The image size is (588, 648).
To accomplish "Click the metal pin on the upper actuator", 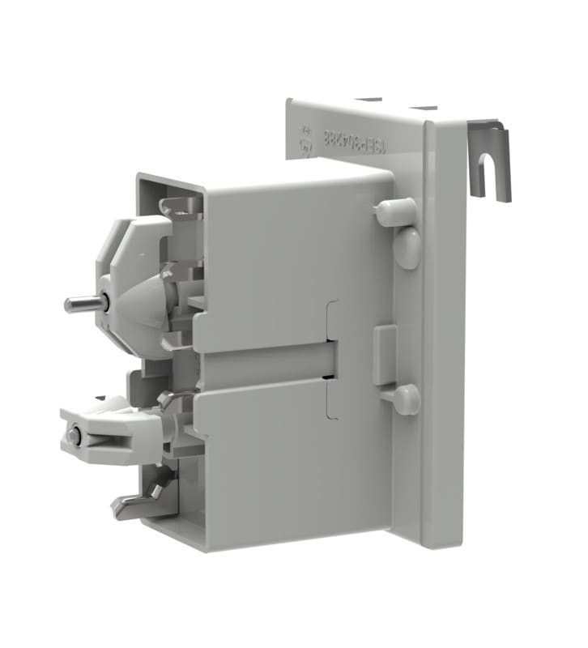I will click(82, 304).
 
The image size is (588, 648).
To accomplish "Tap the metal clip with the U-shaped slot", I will click(489, 159).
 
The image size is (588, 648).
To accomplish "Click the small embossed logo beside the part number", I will click(308, 140).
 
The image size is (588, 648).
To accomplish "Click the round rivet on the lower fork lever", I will click(75, 436).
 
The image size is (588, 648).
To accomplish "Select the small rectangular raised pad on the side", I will click(385, 355).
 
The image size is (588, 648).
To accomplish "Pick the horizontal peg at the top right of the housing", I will click(394, 212).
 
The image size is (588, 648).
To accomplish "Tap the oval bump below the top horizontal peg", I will click(408, 247).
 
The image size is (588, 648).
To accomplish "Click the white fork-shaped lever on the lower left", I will click(105, 437).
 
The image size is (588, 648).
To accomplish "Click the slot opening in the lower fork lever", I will click(101, 441).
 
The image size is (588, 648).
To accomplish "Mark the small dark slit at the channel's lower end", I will click(327, 377).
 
